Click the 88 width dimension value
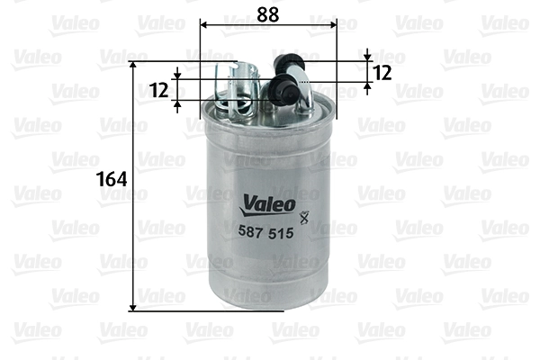265,13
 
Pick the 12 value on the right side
382,73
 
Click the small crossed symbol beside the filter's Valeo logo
302,215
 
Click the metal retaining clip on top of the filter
240,89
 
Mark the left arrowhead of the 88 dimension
202,24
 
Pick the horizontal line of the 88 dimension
265,24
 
